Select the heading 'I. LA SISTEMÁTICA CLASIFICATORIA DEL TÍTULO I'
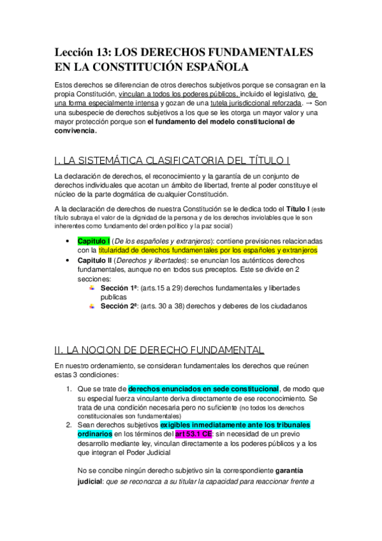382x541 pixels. [172, 159]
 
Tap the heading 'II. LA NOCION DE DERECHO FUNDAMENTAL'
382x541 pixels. [159, 350]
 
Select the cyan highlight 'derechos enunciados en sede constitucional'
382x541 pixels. [203, 388]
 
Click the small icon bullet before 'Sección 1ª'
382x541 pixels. [92, 288]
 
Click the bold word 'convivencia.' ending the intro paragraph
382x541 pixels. [77, 131]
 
